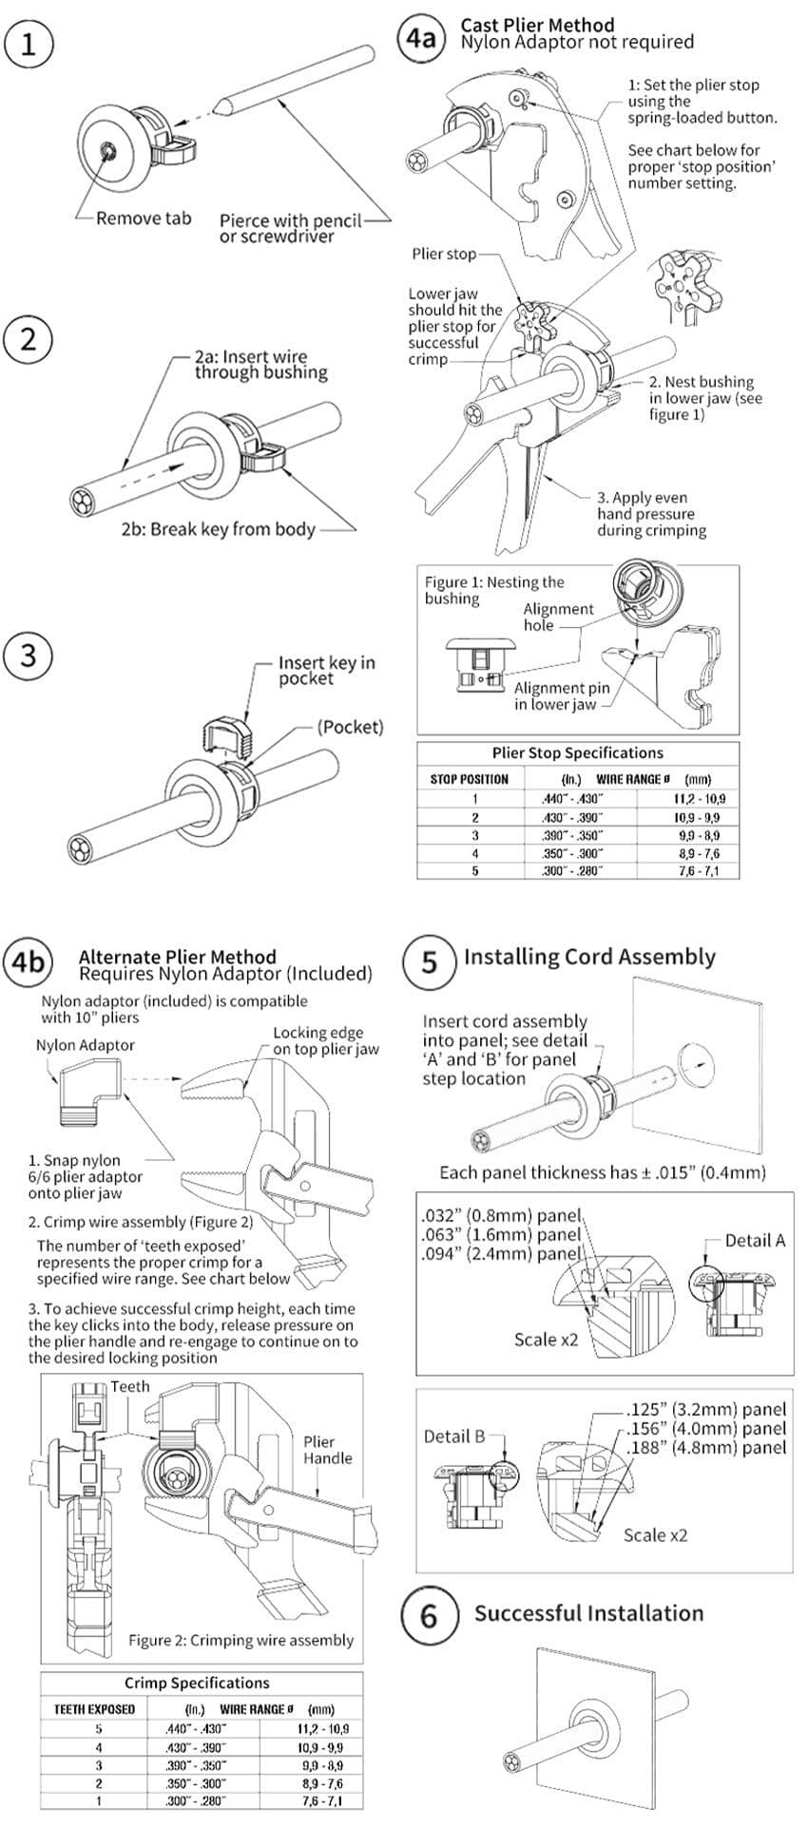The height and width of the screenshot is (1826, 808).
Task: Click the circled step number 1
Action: pyautogui.click(x=29, y=46)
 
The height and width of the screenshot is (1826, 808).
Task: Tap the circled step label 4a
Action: pyautogui.click(x=421, y=38)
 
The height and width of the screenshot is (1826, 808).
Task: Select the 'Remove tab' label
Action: pyautogui.click(x=143, y=219)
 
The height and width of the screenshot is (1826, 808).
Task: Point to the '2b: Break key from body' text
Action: pyautogui.click(x=218, y=529)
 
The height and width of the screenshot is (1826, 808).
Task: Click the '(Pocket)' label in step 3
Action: pyautogui.click(x=351, y=727)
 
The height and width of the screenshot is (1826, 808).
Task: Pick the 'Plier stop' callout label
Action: pyautogui.click(x=443, y=254)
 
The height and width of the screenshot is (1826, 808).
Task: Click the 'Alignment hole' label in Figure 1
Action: pyautogui.click(x=558, y=617)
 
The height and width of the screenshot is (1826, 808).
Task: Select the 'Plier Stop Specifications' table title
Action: pyautogui.click(x=577, y=752)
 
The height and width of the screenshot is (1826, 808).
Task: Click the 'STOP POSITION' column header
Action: pyautogui.click(x=469, y=779)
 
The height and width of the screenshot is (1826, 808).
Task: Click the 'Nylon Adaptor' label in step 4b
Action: pyautogui.click(x=85, y=1045)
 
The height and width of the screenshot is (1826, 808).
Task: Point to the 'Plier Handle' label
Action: pyautogui.click(x=327, y=1450)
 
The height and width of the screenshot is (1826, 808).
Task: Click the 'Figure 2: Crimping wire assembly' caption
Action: pyautogui.click(x=240, y=1640)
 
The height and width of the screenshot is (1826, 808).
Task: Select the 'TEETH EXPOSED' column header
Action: pyautogui.click(x=94, y=1708)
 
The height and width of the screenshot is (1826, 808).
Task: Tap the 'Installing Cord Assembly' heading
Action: pyautogui.click(x=589, y=957)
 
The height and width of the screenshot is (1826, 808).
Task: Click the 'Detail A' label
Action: pyautogui.click(x=755, y=1240)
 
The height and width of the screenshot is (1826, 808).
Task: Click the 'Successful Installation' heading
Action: pyautogui.click(x=588, y=1612)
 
